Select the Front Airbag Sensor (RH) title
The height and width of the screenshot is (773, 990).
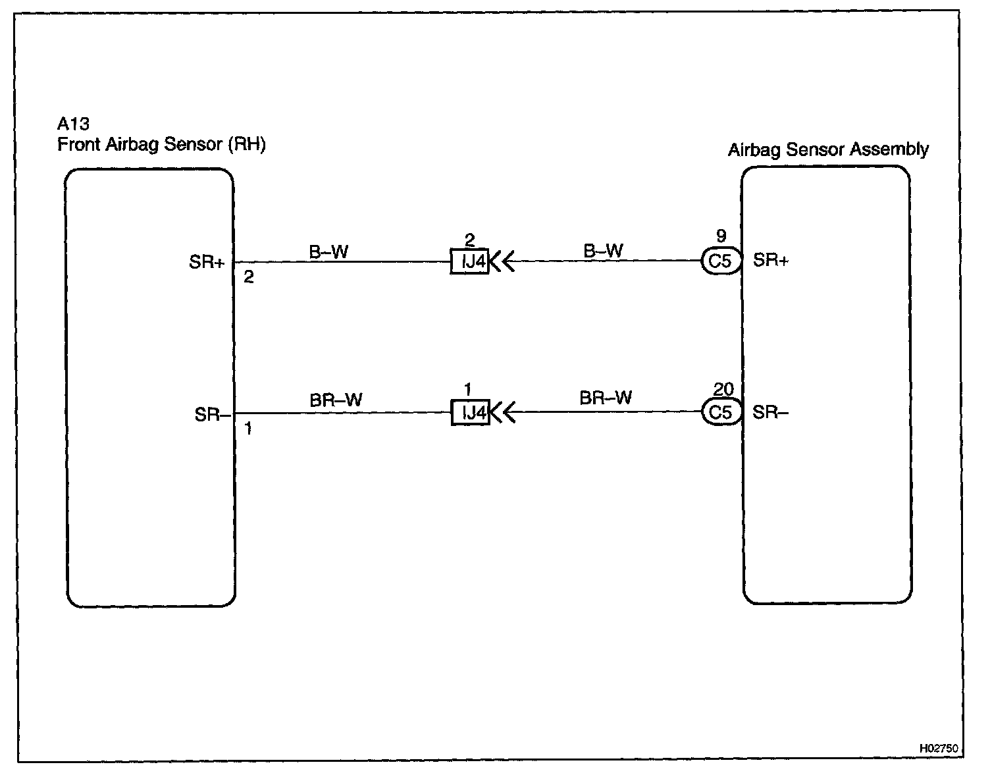tap(161, 145)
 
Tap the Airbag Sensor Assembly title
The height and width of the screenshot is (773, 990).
tap(827, 149)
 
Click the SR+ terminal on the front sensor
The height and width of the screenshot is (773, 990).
tap(207, 262)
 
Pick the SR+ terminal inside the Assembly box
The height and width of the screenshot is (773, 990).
tap(771, 260)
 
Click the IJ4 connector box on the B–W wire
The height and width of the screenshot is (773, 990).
tap(470, 262)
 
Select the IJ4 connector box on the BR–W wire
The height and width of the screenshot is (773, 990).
tap(470, 413)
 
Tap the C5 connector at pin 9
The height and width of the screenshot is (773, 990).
tap(721, 261)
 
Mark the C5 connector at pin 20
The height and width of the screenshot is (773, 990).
tap(721, 412)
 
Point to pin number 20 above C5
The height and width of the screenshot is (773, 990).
tap(723, 390)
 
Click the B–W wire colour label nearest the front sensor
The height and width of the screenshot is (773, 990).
tap(328, 251)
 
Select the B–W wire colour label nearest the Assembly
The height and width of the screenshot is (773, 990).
tap(603, 250)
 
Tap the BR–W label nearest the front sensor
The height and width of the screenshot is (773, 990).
tap(336, 400)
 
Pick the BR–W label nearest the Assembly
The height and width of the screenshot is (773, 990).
tap(606, 398)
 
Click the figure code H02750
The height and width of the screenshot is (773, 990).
tap(938, 749)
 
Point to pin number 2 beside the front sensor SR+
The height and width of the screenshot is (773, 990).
tap(248, 278)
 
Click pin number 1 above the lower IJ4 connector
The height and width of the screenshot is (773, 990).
tap(468, 390)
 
